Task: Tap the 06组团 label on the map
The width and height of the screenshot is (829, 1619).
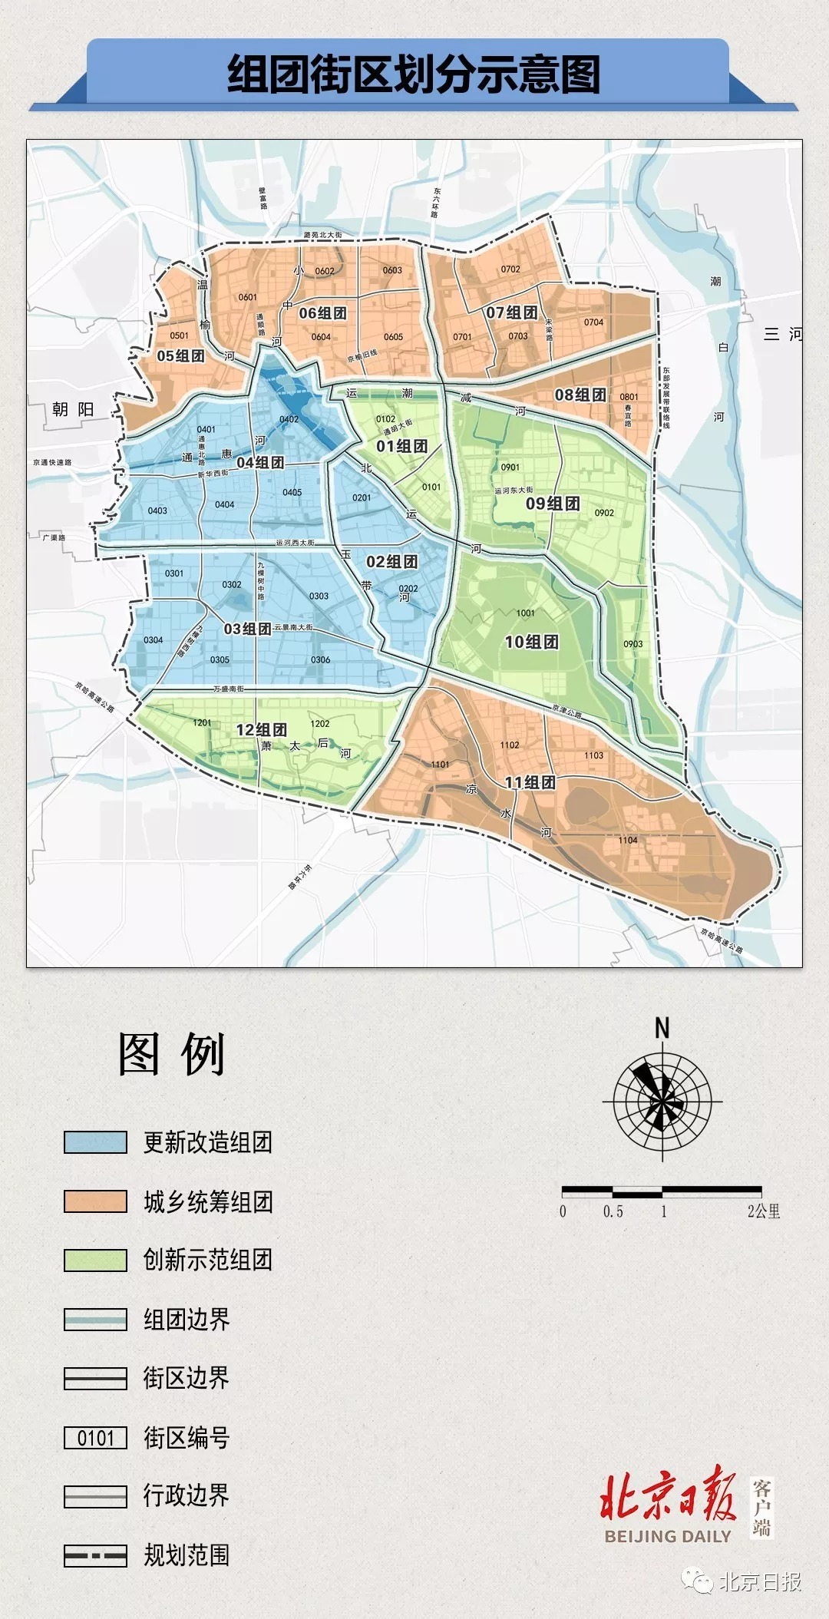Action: coord(322,313)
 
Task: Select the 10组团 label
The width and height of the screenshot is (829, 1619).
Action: coord(531,642)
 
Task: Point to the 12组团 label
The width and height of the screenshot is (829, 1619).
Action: coord(261,729)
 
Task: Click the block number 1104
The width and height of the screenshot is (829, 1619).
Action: coord(628,840)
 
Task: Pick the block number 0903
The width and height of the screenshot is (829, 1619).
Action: coord(633,644)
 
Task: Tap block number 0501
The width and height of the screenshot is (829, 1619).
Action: coord(179,335)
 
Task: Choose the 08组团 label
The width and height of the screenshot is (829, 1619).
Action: coord(580,395)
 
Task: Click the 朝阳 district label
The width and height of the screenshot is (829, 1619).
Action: coord(73,409)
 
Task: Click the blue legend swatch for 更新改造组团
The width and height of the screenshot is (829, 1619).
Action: coord(95,1142)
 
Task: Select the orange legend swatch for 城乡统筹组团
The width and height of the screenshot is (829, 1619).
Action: coord(95,1201)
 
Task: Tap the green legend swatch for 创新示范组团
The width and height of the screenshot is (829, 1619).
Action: coord(95,1260)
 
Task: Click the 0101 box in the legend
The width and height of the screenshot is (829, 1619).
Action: coord(95,1438)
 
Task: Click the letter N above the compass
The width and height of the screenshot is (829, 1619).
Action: coord(662,1028)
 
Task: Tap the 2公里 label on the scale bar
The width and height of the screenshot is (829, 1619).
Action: coord(764,1211)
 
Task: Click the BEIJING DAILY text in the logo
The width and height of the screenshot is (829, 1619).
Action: coord(668,1536)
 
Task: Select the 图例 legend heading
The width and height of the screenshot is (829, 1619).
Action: coord(171,1054)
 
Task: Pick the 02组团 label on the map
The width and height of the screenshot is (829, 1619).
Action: coord(391,562)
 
